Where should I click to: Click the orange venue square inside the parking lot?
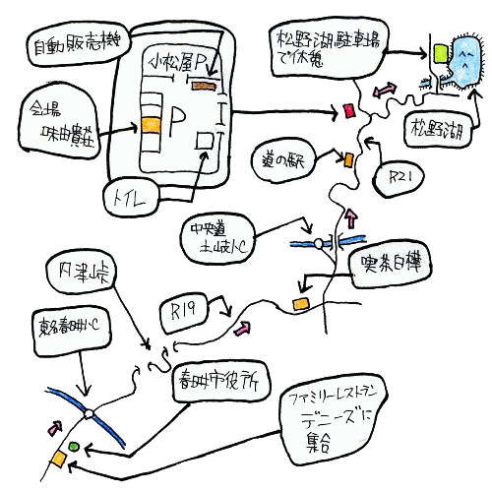point(150,125)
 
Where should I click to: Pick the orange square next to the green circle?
point(60,460)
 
